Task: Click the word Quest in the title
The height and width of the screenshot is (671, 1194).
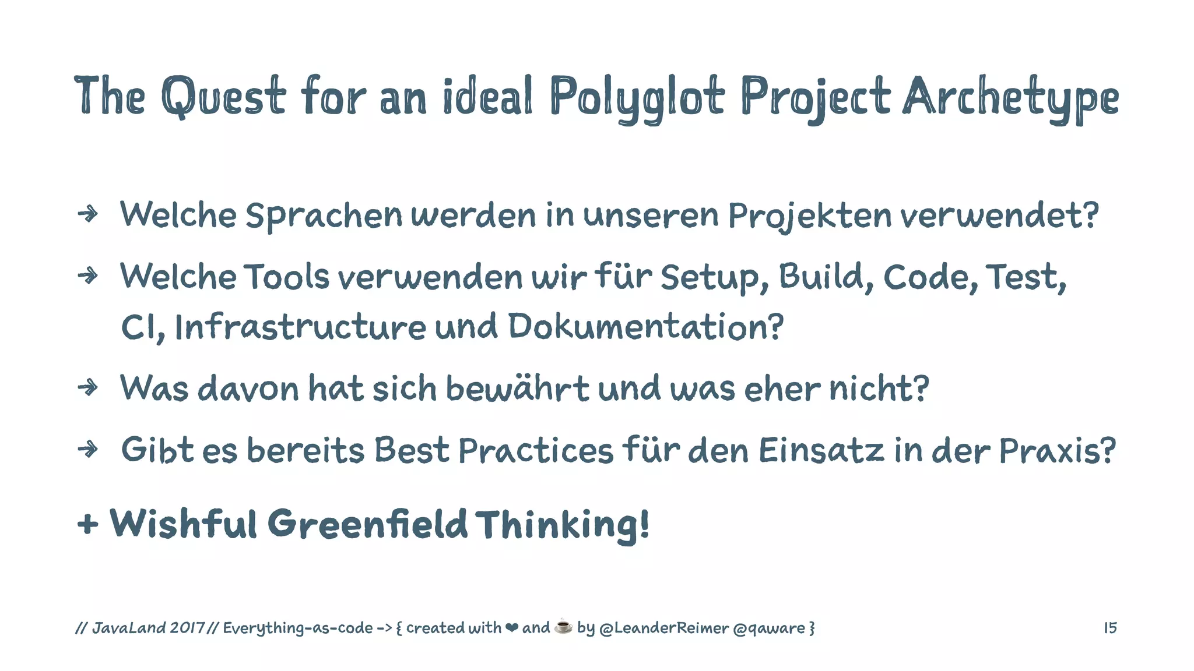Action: coord(223,96)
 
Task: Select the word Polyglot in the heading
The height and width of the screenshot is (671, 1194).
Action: coord(637,98)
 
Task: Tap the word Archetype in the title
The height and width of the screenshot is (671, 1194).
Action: coord(1010,98)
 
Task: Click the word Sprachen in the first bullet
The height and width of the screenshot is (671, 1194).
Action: coord(324,216)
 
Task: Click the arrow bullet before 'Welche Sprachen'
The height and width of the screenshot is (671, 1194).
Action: coord(88,214)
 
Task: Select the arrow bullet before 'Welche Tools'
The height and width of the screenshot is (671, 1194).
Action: coord(88,276)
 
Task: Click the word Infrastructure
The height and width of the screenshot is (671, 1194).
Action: coord(300,327)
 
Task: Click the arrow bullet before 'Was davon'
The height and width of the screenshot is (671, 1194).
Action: coord(88,387)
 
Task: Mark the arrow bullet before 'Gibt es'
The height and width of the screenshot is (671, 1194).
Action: coord(88,449)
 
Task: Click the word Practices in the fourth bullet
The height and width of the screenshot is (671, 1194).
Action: coord(536,450)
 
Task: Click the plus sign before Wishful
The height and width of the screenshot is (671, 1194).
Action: coord(87,524)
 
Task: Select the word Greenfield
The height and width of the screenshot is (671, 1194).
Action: coord(367,524)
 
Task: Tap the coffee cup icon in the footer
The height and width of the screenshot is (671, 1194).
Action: coord(563,626)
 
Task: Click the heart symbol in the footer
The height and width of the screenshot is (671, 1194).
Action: coord(511,628)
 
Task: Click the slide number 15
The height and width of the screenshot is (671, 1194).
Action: coord(1110,628)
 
